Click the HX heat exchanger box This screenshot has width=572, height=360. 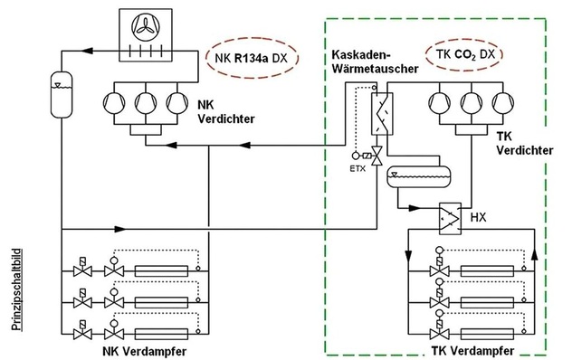point(449,218)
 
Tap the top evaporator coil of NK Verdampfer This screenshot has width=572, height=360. point(161,269)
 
